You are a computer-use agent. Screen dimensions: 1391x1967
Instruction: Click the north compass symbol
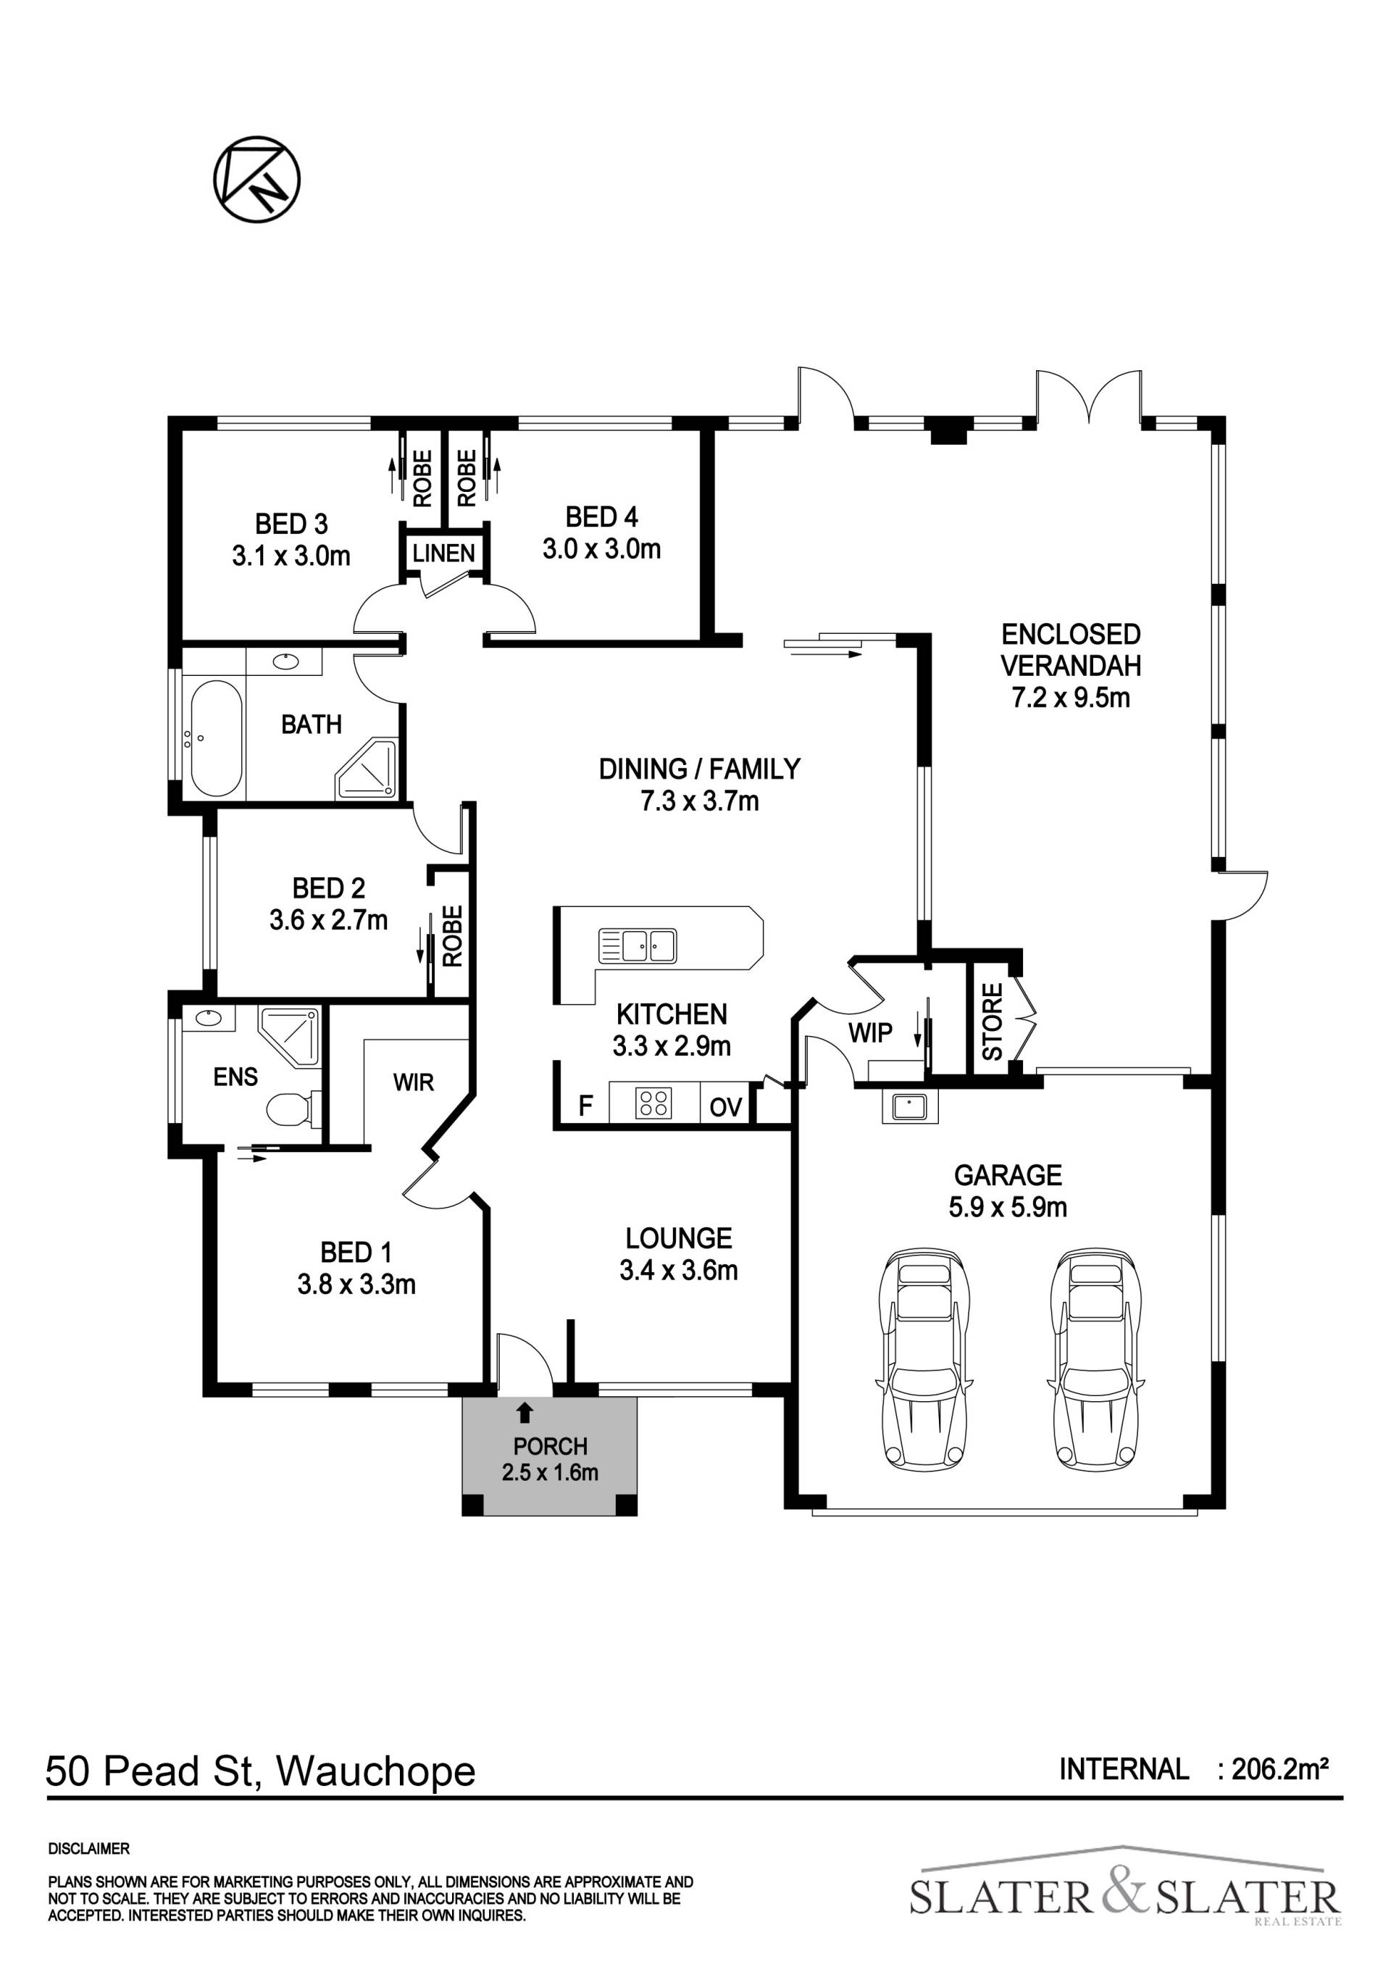click(257, 179)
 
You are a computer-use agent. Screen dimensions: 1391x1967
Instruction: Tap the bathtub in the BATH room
click(216, 738)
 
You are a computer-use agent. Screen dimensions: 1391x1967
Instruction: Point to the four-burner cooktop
click(653, 1103)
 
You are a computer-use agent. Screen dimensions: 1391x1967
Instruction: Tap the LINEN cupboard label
click(443, 554)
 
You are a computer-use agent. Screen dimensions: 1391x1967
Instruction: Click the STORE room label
click(992, 1022)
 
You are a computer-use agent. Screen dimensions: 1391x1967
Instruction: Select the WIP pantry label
click(870, 1033)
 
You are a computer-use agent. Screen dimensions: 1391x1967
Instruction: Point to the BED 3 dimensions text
click(291, 556)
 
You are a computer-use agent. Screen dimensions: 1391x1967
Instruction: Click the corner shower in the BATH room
click(367, 768)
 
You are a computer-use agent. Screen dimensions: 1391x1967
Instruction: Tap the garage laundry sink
click(910, 1107)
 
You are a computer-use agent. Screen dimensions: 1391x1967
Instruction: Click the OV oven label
click(725, 1107)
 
